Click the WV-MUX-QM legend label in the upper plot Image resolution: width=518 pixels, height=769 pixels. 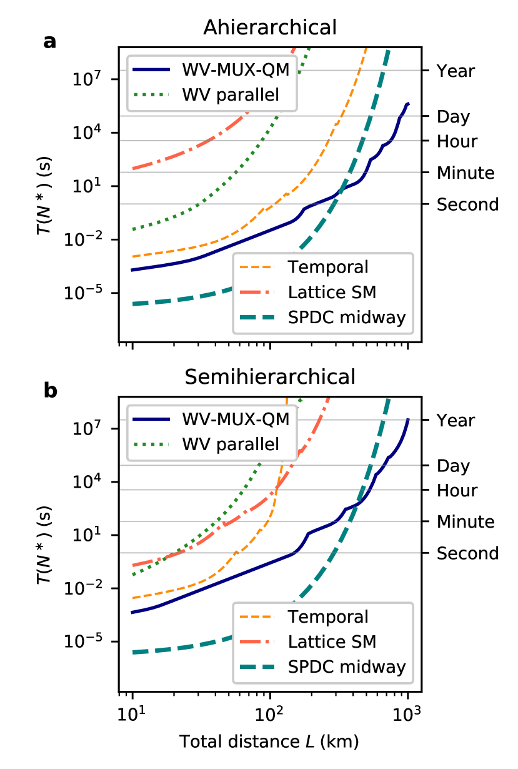coord(236,69)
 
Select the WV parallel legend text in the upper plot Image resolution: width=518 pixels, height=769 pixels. coord(230,95)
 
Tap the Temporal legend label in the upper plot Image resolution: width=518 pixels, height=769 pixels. coord(327,267)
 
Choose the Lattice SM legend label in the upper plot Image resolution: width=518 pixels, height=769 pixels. coord(332,292)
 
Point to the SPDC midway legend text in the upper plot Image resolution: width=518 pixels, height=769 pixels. coord(347,318)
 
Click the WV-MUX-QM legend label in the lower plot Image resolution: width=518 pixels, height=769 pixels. coord(236,419)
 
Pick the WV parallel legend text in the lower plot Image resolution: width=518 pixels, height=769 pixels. coord(230,445)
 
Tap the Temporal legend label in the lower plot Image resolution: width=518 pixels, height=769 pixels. coord(327,616)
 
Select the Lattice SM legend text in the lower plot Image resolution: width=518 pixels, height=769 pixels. coord(332,641)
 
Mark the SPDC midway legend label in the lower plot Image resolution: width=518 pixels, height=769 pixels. coord(347,667)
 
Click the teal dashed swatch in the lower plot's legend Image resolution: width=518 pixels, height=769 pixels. coord(257,667)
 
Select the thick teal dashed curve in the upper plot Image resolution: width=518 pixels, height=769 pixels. coord(187,298)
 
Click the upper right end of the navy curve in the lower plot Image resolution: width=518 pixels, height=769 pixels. coord(408,420)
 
